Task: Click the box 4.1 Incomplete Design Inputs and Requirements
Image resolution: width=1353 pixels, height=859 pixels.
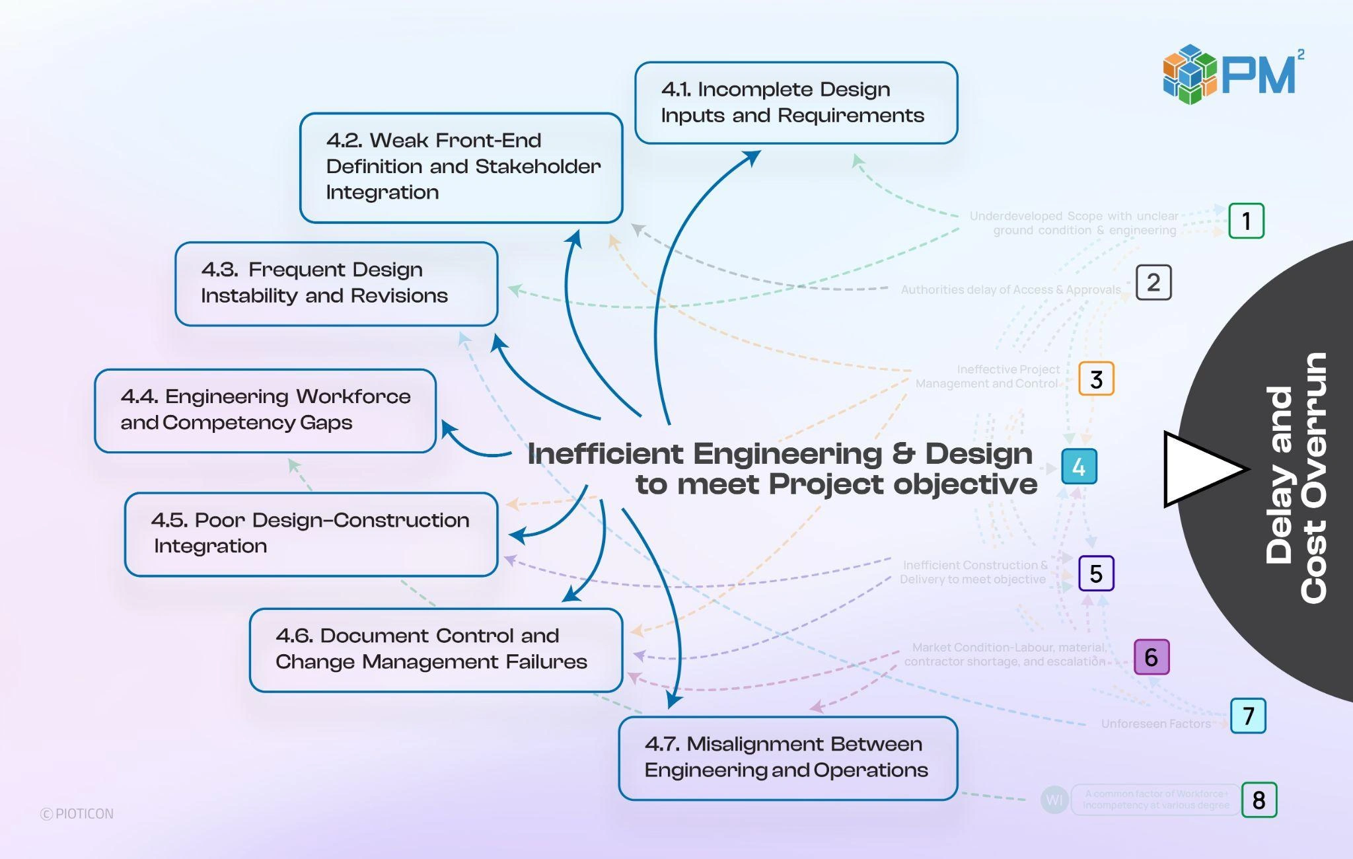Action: [x=796, y=102]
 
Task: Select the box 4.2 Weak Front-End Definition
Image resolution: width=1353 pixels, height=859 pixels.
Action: [x=461, y=167]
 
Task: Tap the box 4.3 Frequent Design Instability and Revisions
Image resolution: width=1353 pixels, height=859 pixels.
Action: [x=336, y=283]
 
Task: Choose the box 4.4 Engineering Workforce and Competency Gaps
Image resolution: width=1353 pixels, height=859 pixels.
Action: [x=265, y=410]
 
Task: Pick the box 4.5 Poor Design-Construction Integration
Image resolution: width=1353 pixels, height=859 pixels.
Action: [x=311, y=534]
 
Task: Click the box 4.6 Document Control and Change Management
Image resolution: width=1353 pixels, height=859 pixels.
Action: [x=436, y=650]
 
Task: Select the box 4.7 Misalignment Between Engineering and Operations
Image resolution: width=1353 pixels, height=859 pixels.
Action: [x=787, y=758]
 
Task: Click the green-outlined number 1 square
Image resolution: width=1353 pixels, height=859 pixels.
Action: [x=1246, y=221]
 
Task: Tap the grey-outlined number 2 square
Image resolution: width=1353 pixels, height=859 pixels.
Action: [x=1153, y=283]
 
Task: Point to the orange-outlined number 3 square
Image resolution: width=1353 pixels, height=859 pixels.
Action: [x=1096, y=379]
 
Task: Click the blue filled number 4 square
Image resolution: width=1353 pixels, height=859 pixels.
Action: [x=1079, y=467]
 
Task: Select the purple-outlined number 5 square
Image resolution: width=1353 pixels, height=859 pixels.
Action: [x=1096, y=573]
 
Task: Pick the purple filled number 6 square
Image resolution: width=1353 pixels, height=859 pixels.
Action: [x=1151, y=657]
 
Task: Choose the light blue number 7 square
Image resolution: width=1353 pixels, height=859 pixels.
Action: [x=1248, y=716]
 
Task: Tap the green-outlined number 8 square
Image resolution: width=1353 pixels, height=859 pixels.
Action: [x=1259, y=800]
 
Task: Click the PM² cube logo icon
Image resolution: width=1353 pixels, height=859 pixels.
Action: [x=1190, y=75]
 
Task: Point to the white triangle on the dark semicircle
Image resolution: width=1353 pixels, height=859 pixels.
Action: [x=1199, y=469]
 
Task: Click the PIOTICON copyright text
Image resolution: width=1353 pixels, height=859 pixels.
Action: [x=77, y=813]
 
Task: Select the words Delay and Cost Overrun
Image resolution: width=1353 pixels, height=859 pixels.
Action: [x=1295, y=477]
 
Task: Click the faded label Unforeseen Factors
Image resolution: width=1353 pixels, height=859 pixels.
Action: [x=1155, y=724]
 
